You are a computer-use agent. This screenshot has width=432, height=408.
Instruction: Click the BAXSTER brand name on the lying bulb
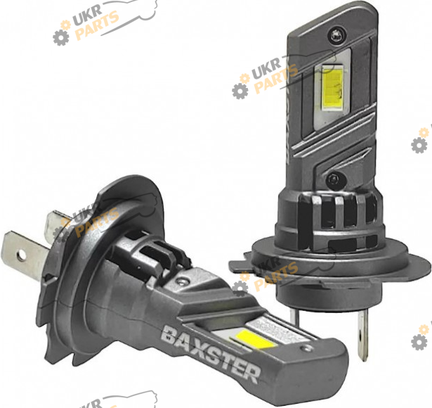pos(211,354)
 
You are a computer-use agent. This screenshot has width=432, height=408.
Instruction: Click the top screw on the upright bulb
pos(336,35)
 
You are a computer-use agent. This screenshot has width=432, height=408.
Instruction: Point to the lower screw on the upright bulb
pos(333,179)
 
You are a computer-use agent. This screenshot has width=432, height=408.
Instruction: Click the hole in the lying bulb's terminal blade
pos(21,255)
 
